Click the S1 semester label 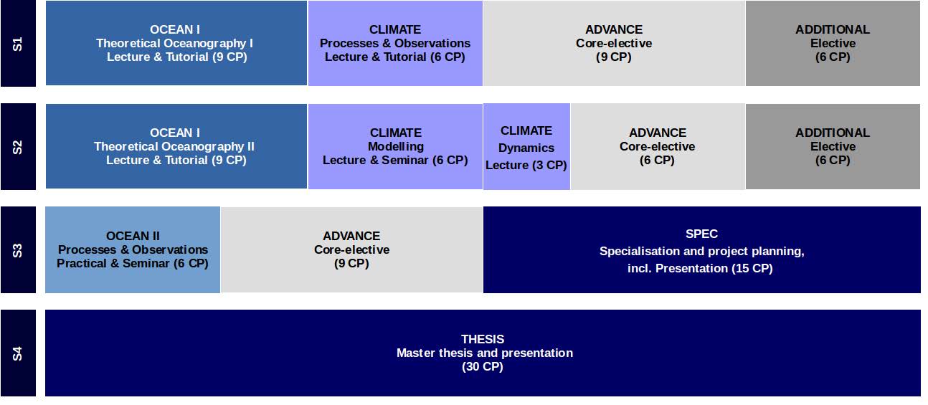tap(18, 44)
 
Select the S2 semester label tap(18, 147)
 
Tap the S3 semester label tap(18, 249)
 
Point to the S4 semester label tap(18, 353)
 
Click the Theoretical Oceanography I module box tap(176, 43)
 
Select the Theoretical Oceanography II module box tap(176, 146)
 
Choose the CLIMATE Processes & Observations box tap(395, 43)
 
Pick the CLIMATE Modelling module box tap(395, 146)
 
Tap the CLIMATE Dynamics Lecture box tap(526, 147)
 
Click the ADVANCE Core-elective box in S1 tap(614, 43)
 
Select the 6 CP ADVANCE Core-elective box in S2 tap(658, 147)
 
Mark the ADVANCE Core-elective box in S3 tap(351, 249)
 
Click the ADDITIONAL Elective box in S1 tap(833, 43)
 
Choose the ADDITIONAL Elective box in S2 tap(833, 147)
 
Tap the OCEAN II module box tap(133, 249)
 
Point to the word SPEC tap(701, 234)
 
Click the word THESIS tap(483, 339)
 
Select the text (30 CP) tap(483, 366)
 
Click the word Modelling tap(396, 147)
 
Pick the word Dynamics tap(526, 148)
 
